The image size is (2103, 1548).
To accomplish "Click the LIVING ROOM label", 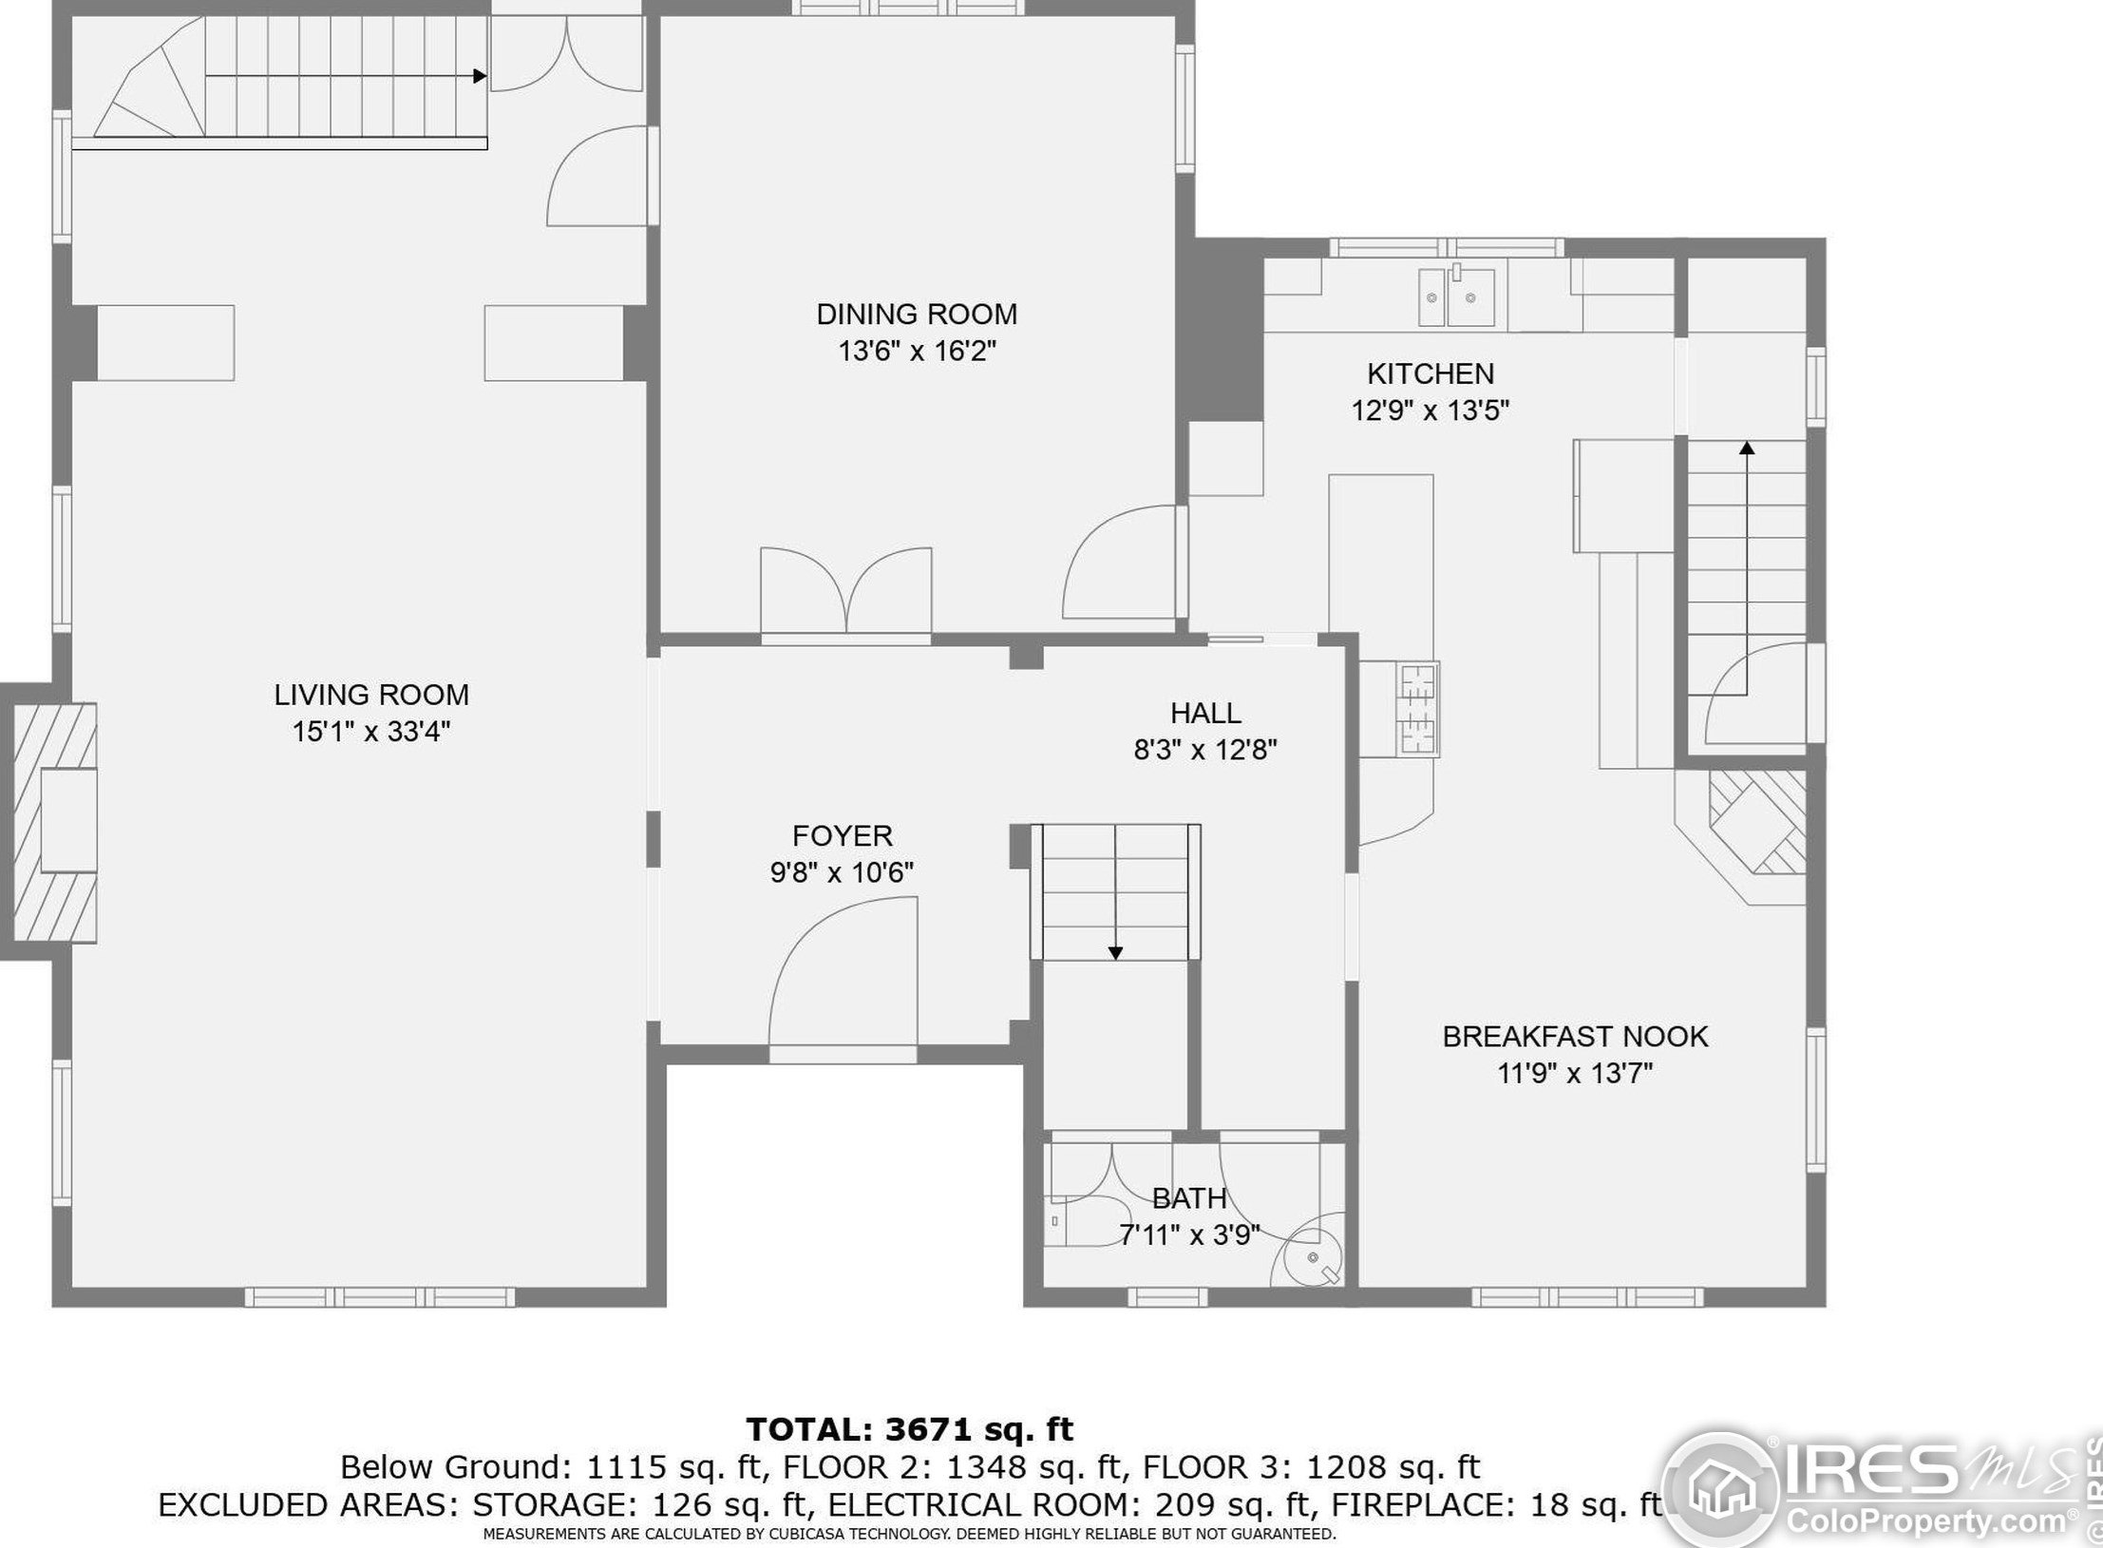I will coord(371,695).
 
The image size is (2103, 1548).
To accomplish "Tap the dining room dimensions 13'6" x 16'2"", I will coord(917,352).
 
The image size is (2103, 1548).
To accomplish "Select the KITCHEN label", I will coord(1430,373).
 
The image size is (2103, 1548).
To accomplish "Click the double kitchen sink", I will coord(1457,297).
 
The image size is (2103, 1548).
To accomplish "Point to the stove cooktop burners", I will coord(1417,709).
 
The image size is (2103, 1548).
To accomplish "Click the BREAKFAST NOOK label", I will coord(1575,1037).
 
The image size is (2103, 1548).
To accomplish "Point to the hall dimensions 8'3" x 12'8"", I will coord(1204,751).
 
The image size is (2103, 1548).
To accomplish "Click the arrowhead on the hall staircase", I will coord(1116,953).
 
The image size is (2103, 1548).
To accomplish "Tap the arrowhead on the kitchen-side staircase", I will coord(1746,448).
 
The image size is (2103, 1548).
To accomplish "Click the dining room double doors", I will coord(845,589).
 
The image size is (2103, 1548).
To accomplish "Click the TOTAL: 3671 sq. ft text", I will coord(909,1429).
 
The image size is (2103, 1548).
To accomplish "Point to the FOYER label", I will coord(842,836).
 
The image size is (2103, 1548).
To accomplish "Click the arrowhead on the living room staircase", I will coord(480,76).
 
